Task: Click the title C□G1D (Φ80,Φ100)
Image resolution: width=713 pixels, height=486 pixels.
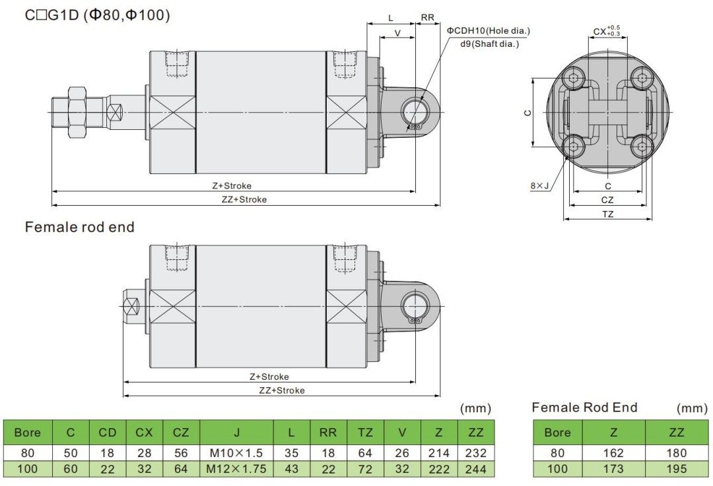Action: point(97,15)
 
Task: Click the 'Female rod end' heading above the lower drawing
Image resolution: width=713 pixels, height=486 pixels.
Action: point(79,228)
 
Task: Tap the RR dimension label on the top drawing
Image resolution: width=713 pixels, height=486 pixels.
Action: point(427,17)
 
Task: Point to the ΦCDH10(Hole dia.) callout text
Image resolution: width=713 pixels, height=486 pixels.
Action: point(488,31)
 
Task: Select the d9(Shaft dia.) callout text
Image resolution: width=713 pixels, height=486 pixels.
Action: point(490,44)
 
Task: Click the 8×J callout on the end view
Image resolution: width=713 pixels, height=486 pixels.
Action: point(539,186)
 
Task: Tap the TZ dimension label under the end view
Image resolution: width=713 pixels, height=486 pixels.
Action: point(607,214)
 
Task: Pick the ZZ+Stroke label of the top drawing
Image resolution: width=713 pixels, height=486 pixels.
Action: point(244,199)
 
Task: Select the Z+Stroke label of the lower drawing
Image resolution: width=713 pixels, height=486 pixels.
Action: point(269,377)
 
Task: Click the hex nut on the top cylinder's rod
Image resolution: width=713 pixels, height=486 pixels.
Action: point(79,113)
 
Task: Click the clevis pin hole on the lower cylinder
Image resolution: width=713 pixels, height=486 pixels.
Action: point(415,305)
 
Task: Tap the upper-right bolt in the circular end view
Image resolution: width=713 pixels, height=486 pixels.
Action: point(640,78)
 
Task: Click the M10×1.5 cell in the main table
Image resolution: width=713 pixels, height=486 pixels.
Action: point(236,453)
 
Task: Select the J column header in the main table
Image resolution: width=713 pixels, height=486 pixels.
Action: point(236,433)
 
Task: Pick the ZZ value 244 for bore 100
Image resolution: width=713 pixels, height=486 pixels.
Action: point(475,470)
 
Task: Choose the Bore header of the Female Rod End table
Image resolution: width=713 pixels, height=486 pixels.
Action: point(557,433)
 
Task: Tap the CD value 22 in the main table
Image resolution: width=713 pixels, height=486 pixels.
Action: point(107,470)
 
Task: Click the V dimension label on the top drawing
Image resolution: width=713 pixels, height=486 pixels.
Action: point(397,32)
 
